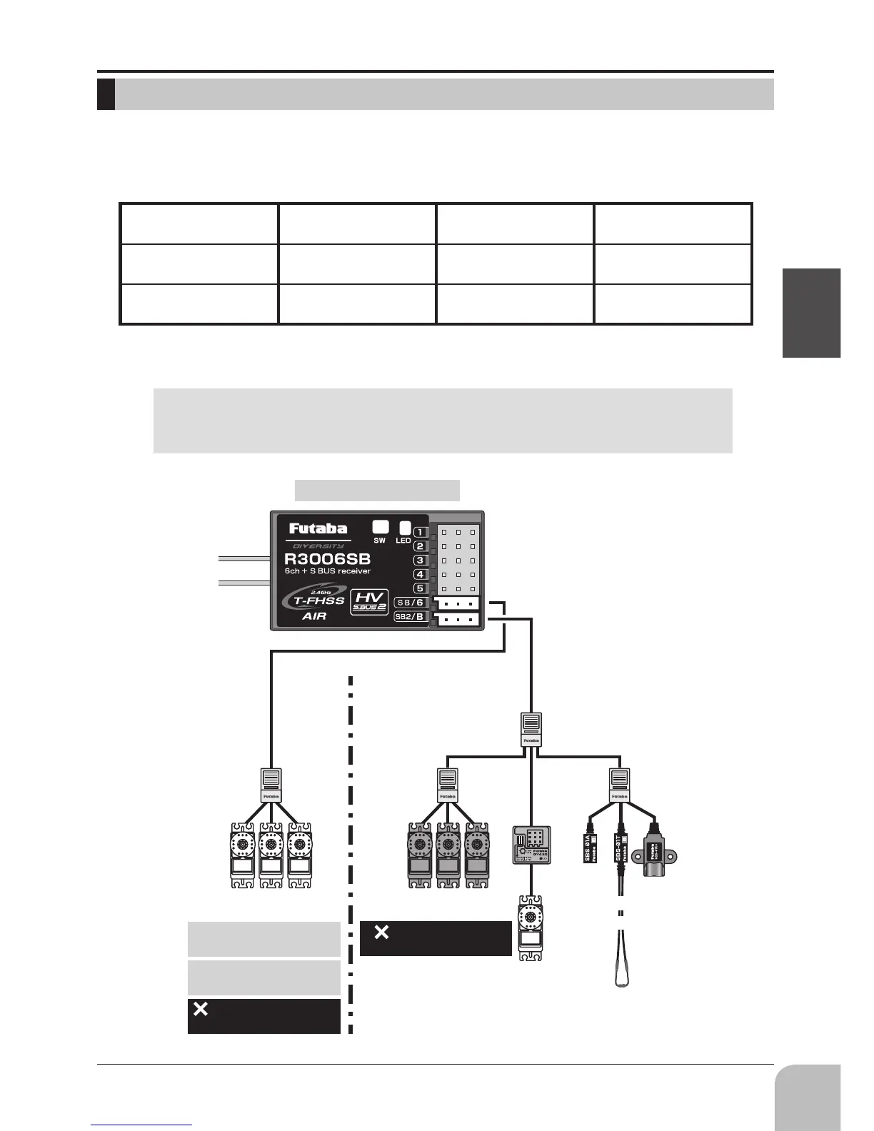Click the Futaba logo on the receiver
pos(318,528)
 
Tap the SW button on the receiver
pos(381,527)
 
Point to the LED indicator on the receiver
pos(405,528)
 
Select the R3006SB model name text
pos(327,558)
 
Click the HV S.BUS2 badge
pos(370,602)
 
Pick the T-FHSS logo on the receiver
pos(314,600)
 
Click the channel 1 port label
pos(421,532)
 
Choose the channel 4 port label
pos(420,574)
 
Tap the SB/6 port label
pos(410,602)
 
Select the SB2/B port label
pos(410,616)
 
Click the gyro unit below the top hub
pos(531,845)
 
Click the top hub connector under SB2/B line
pos(531,729)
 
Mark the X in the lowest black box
pos(201,1010)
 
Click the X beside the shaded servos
pos(382,932)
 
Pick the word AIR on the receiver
pos(314,616)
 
